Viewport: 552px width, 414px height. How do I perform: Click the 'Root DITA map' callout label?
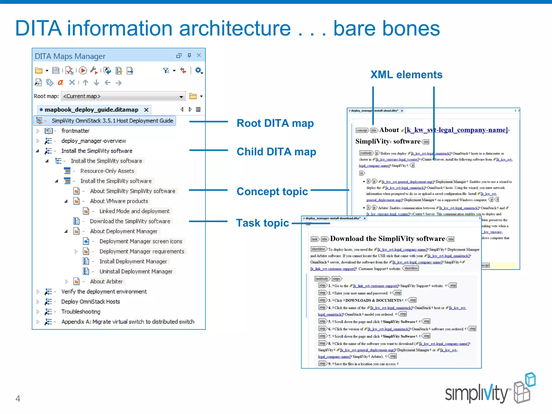[275, 123]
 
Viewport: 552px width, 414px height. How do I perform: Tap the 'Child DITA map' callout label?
[276, 152]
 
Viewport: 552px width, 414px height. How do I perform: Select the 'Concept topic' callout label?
[272, 191]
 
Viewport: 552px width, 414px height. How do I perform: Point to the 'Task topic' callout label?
[263, 223]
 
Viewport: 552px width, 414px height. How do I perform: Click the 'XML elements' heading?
[406, 75]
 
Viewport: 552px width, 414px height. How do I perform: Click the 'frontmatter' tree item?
[75, 131]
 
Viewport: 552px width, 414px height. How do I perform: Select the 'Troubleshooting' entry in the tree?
[81, 312]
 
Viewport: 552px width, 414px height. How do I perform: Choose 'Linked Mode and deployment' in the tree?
[134, 211]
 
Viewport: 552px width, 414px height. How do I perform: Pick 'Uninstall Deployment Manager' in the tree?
[136, 271]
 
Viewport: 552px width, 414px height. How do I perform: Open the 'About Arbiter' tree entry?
[106, 281]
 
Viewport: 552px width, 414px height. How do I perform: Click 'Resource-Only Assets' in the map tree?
[107, 171]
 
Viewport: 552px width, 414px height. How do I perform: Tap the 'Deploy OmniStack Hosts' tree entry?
[91, 302]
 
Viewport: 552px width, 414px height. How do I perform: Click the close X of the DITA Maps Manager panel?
[199, 55]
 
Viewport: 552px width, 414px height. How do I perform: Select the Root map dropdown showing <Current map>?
[123, 96]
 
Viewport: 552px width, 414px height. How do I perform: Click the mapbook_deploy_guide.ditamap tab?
[91, 110]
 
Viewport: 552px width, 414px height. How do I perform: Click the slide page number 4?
[18, 398]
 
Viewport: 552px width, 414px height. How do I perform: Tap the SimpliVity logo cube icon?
[524, 388]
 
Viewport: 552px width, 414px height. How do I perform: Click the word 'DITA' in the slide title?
[38, 28]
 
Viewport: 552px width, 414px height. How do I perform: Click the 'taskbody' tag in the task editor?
[322, 279]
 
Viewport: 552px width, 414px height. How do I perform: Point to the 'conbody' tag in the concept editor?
[366, 153]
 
